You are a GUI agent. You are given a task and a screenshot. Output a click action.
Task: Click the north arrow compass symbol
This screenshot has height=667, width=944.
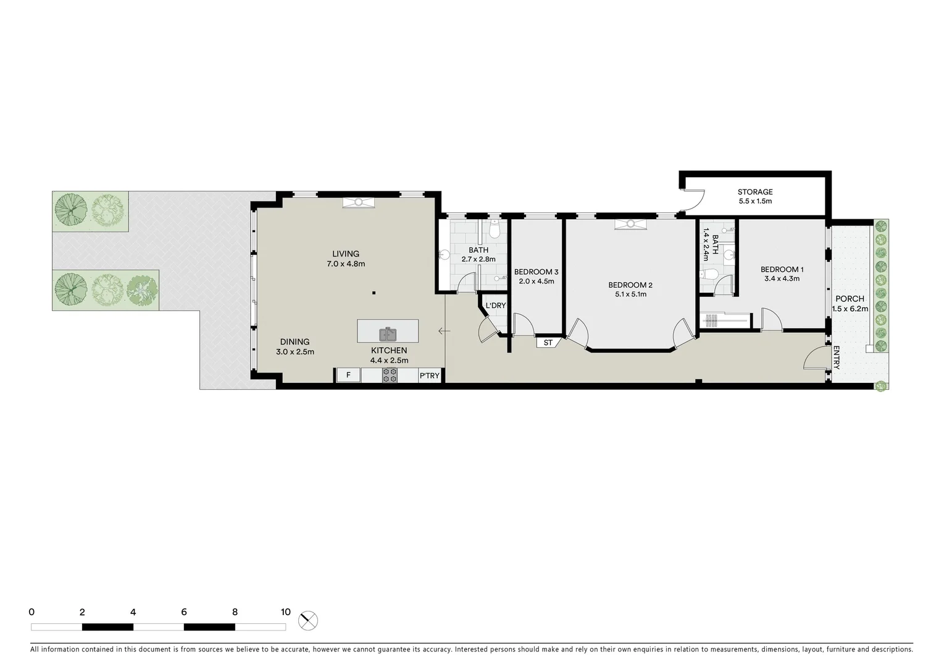307,619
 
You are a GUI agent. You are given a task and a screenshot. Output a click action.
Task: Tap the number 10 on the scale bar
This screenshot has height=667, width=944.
285,612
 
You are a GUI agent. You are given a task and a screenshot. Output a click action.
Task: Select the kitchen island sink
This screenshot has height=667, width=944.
388,334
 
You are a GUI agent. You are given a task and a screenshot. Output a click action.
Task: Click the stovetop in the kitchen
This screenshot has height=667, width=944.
390,375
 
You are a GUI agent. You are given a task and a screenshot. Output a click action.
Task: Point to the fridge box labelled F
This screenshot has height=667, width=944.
348,375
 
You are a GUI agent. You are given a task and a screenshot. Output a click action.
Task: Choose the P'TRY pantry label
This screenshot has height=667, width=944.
430,375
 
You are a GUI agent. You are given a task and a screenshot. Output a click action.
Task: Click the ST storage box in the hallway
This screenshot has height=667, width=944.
548,342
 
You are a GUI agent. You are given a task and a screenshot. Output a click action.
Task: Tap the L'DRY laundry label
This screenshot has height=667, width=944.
495,306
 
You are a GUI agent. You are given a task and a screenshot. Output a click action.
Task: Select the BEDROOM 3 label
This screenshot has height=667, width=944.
536,272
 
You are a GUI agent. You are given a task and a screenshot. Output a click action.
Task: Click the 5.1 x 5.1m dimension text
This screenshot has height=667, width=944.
630,295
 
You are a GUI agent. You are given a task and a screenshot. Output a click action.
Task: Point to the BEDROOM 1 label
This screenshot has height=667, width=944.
782,269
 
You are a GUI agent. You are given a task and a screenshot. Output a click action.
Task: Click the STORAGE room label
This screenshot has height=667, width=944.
755,192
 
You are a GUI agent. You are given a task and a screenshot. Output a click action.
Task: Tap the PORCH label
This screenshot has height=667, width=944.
850,299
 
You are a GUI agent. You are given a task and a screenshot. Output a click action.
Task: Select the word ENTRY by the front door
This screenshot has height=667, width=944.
837,358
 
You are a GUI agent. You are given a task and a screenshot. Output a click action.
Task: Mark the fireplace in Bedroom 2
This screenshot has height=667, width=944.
630,224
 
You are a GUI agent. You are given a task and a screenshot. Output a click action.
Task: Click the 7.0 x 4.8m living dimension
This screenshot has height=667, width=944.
346,264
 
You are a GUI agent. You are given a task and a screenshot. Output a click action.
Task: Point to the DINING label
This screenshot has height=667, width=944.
294,342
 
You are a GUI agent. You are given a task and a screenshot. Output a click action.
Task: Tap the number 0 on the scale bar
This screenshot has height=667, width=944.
31,612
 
